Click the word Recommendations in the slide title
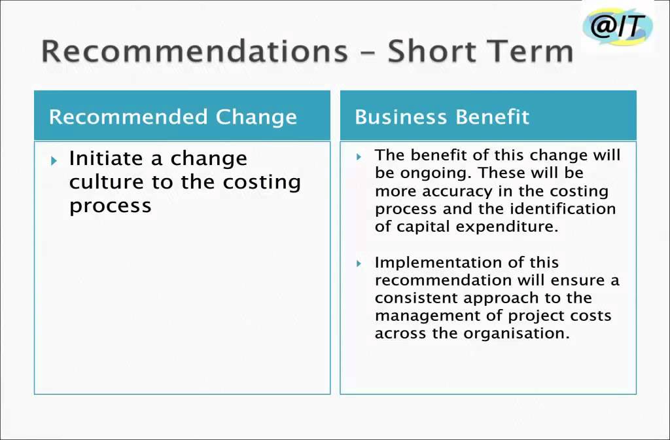click(194, 51)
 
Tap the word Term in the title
click(529, 51)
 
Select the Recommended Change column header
click(173, 117)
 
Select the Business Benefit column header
click(442, 117)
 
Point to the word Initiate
click(106, 158)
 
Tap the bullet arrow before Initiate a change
click(54, 160)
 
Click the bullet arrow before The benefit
click(359, 156)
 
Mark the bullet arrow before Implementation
click(359, 263)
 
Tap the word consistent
click(417, 298)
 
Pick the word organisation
click(516, 333)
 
